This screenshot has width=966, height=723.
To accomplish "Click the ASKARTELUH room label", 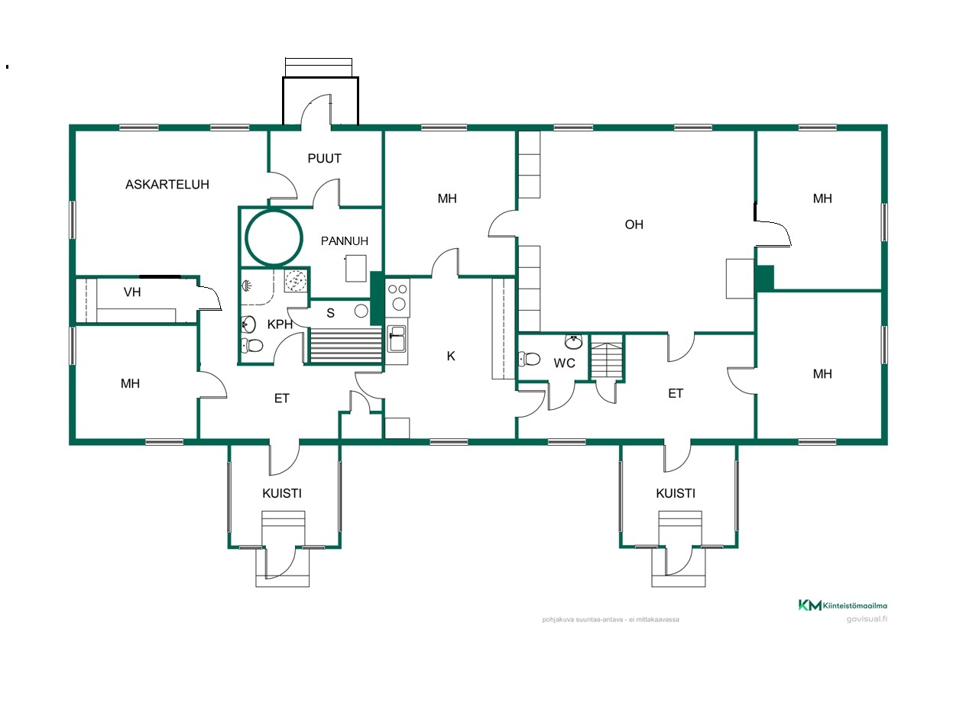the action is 167,185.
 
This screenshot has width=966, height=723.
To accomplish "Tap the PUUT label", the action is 324,159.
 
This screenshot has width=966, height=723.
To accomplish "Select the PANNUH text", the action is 344,241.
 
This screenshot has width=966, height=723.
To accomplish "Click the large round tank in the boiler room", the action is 274,237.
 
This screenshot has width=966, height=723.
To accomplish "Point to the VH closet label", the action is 132,292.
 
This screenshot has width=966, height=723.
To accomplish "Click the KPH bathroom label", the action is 280,324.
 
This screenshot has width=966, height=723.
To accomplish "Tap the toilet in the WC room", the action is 530,359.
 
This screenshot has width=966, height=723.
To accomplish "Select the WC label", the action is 564,363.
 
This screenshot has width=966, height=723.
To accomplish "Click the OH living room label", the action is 634,225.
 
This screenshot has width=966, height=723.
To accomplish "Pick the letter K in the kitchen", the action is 451,356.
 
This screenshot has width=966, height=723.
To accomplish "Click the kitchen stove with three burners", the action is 398,298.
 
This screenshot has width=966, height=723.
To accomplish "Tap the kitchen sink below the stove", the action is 397,339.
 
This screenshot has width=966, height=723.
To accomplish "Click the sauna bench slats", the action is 346,347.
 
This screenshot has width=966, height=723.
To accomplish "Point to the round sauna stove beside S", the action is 361,311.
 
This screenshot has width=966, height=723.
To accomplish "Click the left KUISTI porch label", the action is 282,493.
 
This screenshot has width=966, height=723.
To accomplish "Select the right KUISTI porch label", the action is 676,493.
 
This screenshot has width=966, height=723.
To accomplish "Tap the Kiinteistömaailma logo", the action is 842,605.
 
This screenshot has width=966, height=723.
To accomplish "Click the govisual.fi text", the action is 867,619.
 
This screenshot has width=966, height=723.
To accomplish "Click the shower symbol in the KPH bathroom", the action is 247,286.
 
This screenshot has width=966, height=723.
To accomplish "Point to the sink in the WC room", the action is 573,341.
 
